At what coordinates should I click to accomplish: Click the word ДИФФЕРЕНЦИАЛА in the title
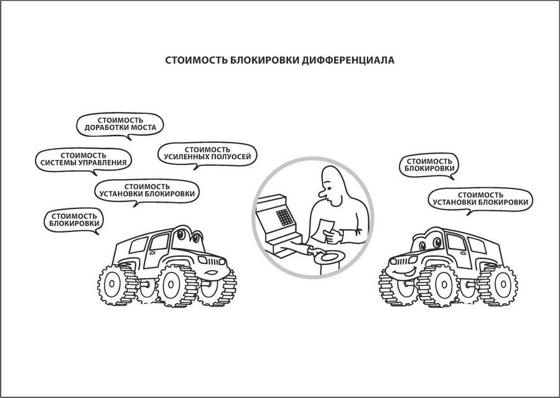pyautogui.click(x=348, y=60)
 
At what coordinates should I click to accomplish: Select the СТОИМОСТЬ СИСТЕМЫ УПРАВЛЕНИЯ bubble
pyautogui.click(x=83, y=160)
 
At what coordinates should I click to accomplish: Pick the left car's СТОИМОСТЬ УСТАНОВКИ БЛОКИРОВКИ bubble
pyautogui.click(x=147, y=191)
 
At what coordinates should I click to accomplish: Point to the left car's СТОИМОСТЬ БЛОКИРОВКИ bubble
pyautogui.click(x=74, y=221)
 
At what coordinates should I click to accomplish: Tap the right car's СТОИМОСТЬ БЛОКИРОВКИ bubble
pyautogui.click(x=429, y=165)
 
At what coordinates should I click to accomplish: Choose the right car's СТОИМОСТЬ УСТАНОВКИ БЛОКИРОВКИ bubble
pyautogui.click(x=480, y=200)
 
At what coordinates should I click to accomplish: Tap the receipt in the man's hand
pyautogui.click(x=322, y=229)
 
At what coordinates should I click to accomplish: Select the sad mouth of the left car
pyautogui.click(x=211, y=273)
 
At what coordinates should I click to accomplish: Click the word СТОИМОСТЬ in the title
pyautogui.click(x=196, y=60)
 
